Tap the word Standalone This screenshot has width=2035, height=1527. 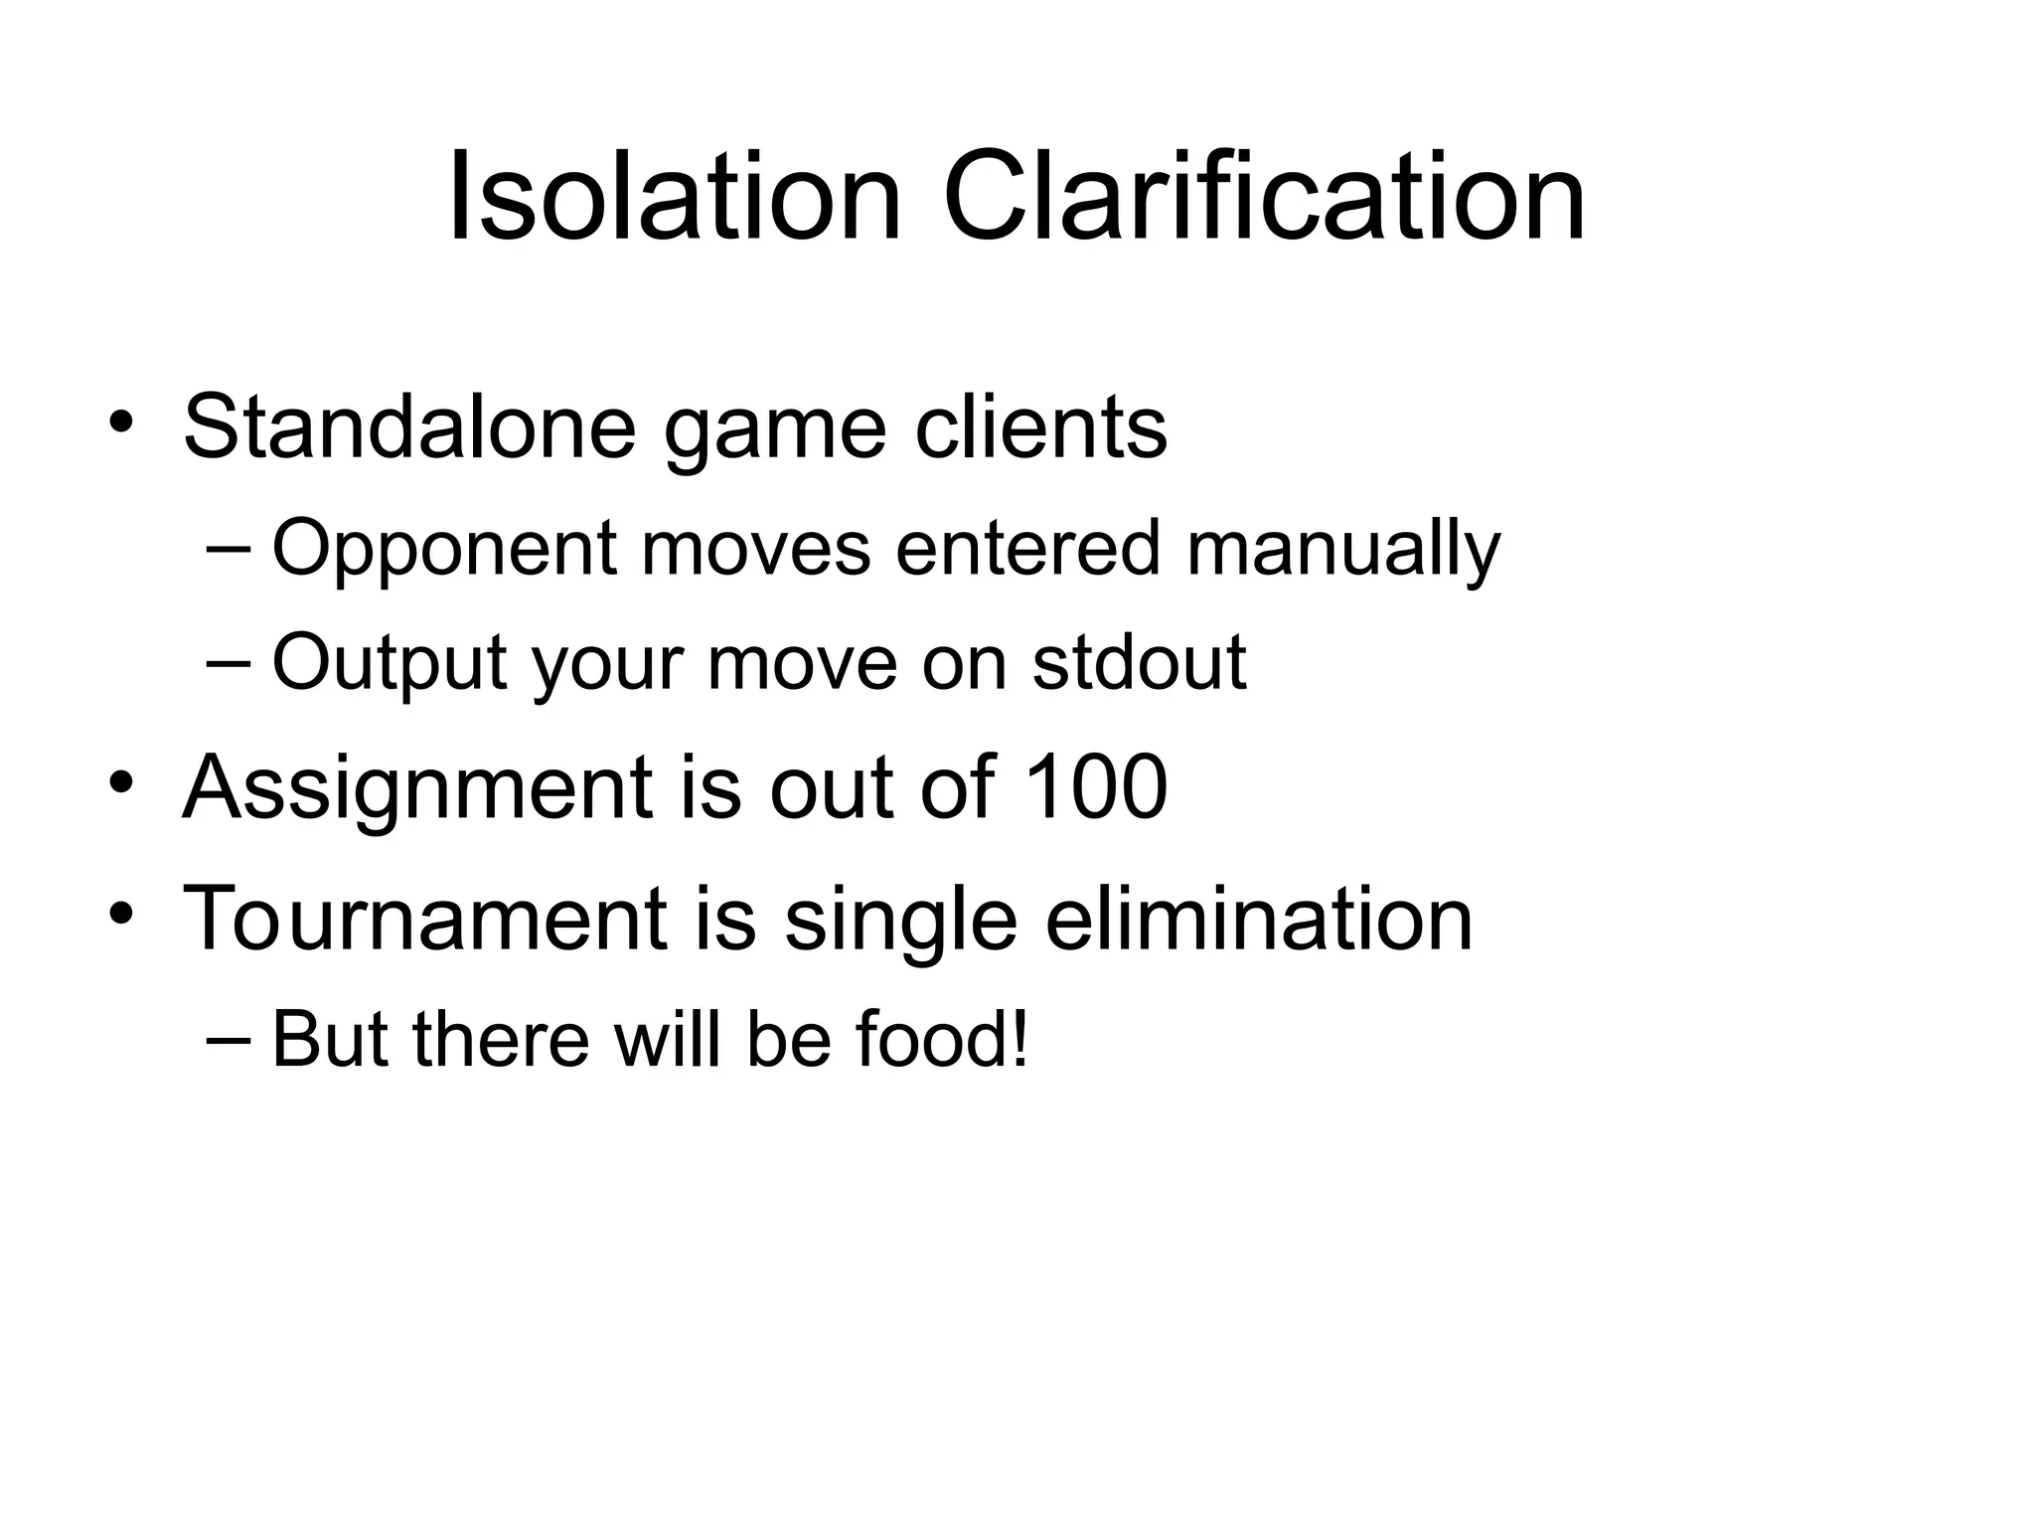[x=409, y=427]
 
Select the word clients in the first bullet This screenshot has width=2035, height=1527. [x=1040, y=427]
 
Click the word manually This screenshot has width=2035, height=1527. [x=1342, y=549]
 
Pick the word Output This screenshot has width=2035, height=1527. [x=389, y=662]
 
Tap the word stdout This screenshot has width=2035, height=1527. [x=1139, y=662]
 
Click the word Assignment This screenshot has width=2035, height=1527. [x=418, y=789]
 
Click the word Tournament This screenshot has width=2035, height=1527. [x=424, y=920]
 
